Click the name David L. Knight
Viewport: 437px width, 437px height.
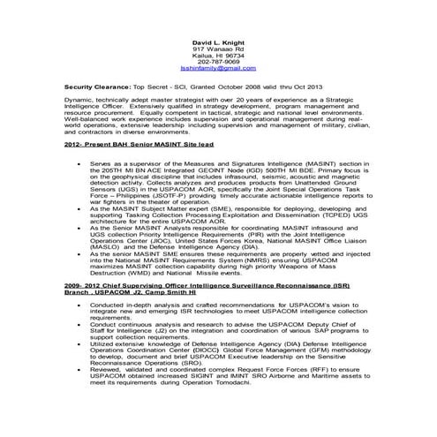coord(218,41)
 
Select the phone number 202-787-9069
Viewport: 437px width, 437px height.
coord(218,61)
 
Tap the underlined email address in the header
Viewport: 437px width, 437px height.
coord(218,68)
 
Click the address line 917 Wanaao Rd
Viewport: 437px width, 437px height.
coord(218,48)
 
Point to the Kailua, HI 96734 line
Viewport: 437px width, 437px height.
coord(218,55)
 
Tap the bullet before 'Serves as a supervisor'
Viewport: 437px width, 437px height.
coord(79,163)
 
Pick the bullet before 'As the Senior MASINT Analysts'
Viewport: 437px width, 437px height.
coord(79,228)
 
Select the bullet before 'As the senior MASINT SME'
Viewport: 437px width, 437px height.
coord(79,254)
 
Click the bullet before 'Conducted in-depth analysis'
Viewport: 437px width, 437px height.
coord(79,305)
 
